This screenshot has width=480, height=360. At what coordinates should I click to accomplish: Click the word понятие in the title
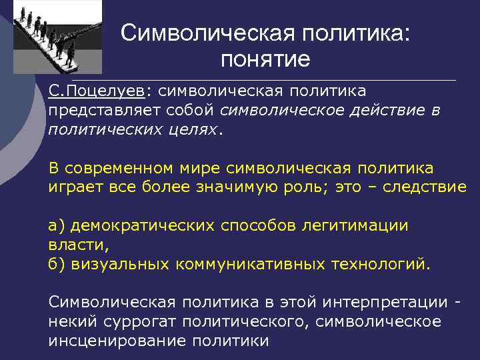266,59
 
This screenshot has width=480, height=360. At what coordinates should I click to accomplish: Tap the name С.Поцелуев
99,89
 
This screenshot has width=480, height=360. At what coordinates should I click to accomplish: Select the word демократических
143,225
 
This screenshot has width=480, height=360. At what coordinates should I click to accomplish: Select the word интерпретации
385,302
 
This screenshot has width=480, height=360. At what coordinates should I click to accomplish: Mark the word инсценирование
117,341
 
